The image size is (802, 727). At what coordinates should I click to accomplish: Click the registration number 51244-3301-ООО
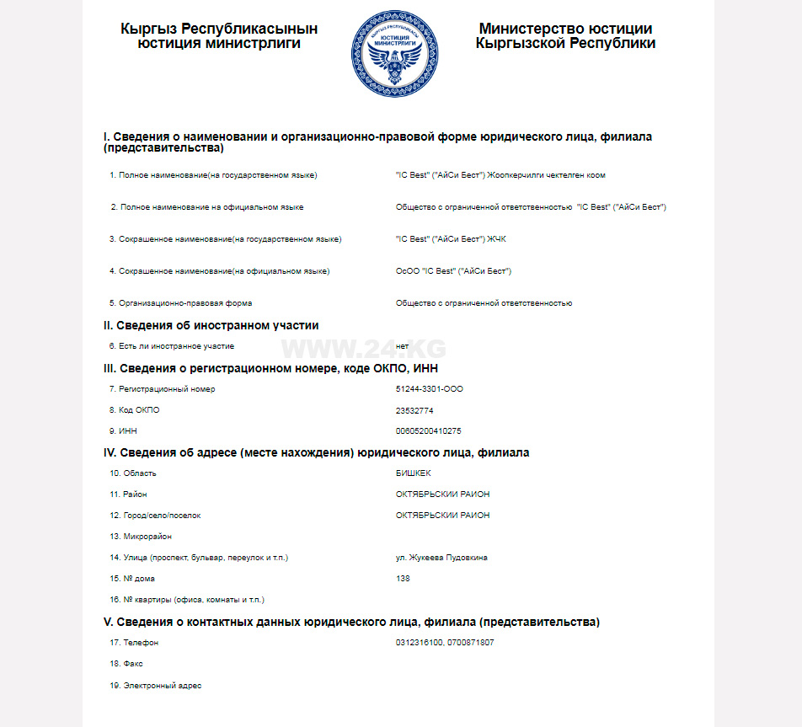click(x=429, y=389)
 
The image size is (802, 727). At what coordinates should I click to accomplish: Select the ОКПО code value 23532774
click(x=414, y=410)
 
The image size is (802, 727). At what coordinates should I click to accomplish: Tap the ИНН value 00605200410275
click(x=428, y=431)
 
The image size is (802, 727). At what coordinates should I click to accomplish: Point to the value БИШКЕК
click(x=413, y=473)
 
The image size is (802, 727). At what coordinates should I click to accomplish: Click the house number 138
click(x=403, y=579)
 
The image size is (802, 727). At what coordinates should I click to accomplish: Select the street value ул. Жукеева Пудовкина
click(x=441, y=558)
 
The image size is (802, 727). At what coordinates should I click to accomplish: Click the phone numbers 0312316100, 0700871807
click(x=444, y=643)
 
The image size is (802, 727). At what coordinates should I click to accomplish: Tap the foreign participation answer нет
click(x=402, y=346)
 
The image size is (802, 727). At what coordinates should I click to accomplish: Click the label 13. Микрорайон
click(x=141, y=537)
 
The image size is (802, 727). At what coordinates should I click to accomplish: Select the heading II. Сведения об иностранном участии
click(x=211, y=325)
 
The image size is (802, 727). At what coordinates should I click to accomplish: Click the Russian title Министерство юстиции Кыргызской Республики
click(x=565, y=36)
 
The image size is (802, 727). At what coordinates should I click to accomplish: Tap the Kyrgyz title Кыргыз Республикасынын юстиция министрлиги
click(x=219, y=36)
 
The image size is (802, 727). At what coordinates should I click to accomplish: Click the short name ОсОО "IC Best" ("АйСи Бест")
click(x=453, y=271)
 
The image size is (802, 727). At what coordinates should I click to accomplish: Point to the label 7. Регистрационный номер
click(x=162, y=389)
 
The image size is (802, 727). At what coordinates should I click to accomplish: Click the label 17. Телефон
click(x=134, y=643)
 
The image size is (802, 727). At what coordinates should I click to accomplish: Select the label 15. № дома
click(x=132, y=579)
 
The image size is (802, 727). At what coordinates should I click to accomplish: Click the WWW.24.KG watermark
click(x=363, y=348)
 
